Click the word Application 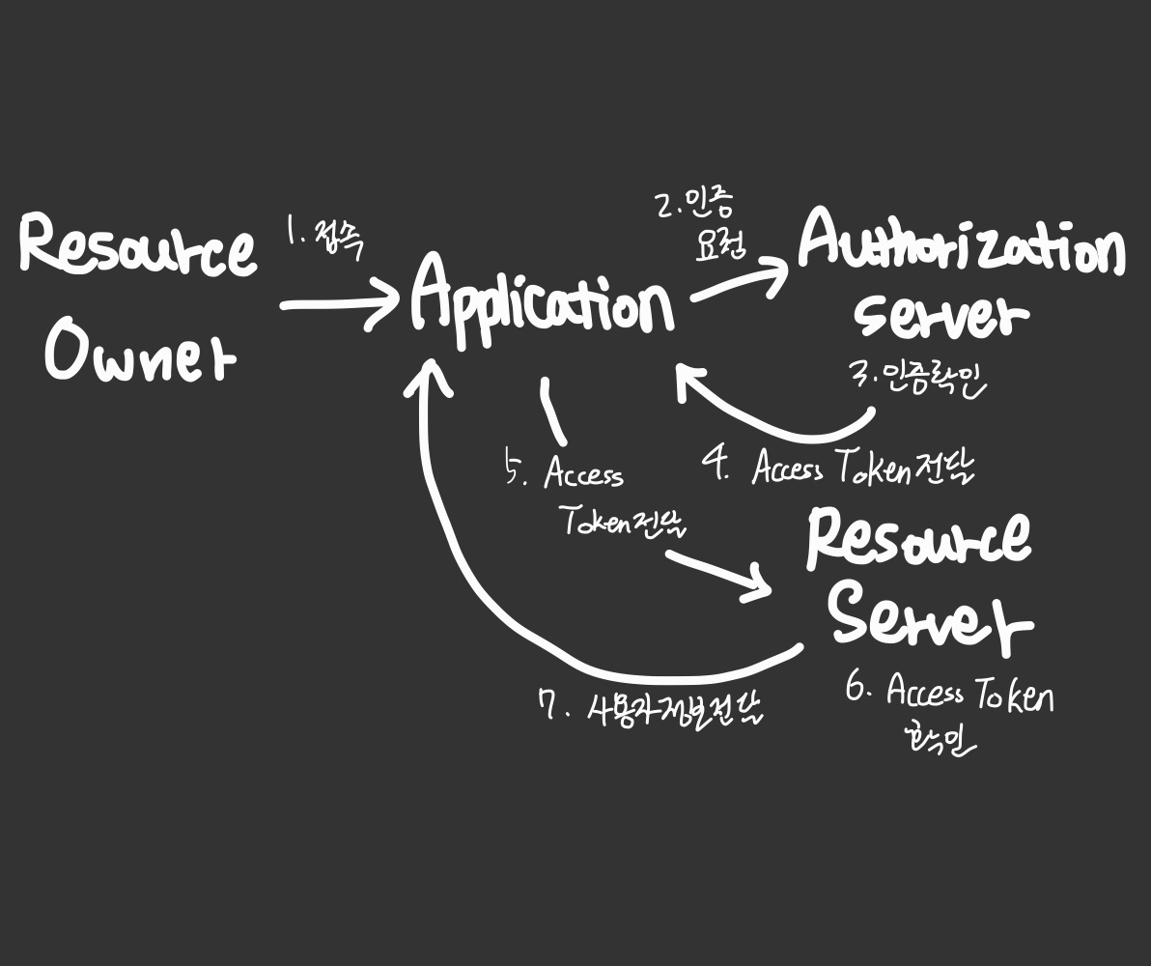point(541,301)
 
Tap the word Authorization point(961,243)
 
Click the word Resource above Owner point(137,245)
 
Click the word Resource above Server point(918,539)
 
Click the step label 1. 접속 point(325,237)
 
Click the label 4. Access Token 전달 point(838,469)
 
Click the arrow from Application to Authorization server point(739,282)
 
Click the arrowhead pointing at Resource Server point(758,585)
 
